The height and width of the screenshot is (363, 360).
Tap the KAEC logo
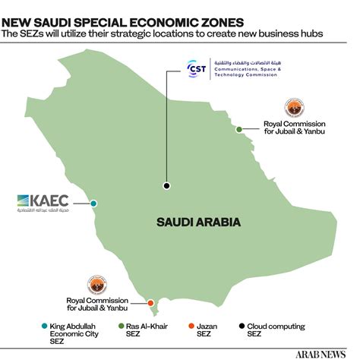[x=43, y=202]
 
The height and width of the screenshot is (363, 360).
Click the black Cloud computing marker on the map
[x=166, y=185]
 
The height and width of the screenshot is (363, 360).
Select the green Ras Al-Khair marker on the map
[x=239, y=130]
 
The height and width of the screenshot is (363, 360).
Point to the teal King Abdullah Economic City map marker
[x=93, y=204]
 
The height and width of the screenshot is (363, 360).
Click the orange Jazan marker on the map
[x=150, y=303]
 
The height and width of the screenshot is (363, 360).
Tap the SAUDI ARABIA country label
[x=198, y=223]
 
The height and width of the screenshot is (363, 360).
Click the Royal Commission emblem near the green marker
[x=293, y=106]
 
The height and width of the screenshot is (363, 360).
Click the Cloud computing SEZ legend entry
[x=274, y=330]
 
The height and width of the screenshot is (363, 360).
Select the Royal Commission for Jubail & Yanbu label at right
[x=294, y=127]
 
